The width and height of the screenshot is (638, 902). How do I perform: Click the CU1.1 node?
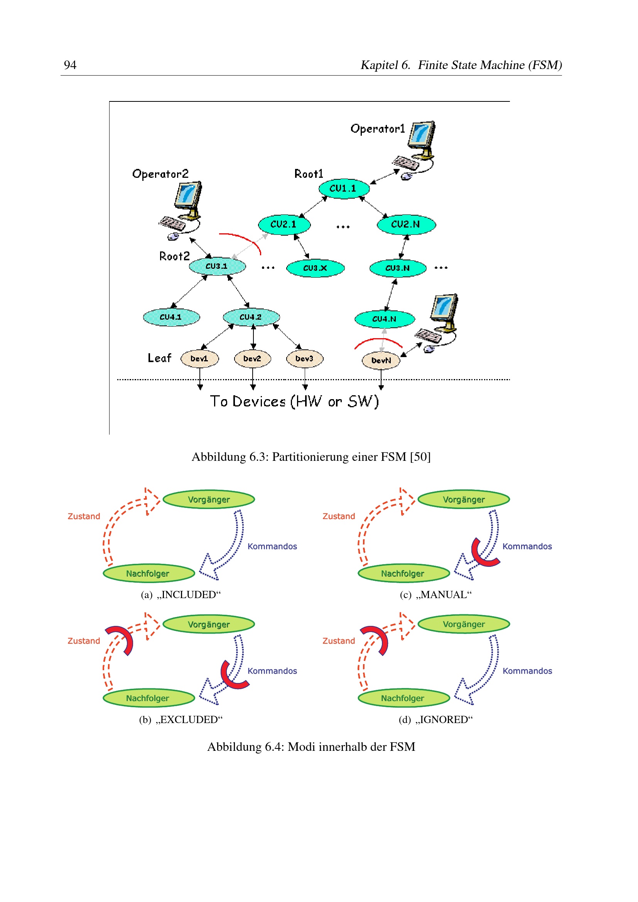(344, 189)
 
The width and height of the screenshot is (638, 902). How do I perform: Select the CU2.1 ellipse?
(284, 225)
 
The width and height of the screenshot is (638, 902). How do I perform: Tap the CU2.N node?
(406, 225)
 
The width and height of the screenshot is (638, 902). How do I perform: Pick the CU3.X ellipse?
(316, 268)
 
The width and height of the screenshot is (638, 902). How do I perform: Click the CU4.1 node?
(171, 317)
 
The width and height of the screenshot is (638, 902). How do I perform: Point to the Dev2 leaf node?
(252, 359)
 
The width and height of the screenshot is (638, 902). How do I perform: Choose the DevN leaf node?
(381, 361)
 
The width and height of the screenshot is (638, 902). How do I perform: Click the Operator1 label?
(378, 129)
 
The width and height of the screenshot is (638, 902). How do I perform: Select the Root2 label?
(174, 256)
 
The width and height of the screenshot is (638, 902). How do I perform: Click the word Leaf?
(160, 358)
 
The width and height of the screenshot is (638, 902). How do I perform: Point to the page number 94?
(70, 65)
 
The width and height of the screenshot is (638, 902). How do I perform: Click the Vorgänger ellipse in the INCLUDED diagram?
(209, 499)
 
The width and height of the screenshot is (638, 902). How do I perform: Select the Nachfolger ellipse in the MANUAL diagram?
(404, 573)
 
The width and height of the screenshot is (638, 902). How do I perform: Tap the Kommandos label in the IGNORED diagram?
(527, 671)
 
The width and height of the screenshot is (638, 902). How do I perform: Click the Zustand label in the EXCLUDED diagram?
(84, 641)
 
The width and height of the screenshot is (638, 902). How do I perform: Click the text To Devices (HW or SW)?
(294, 401)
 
